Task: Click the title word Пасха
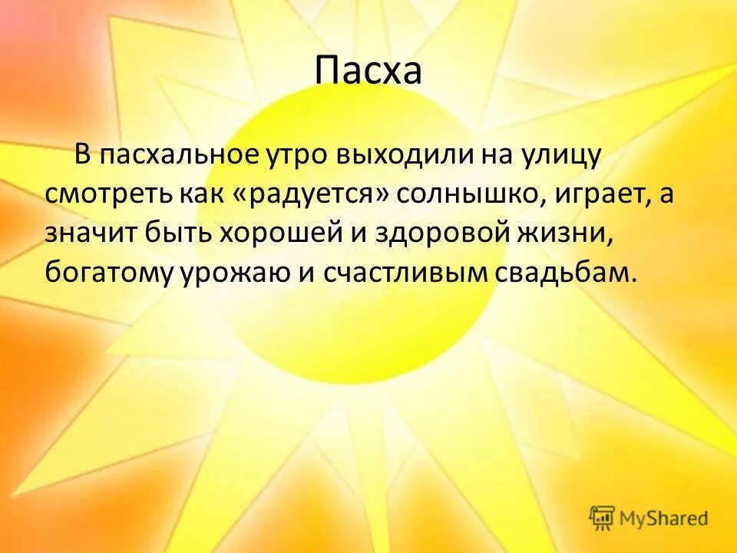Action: click(x=368, y=71)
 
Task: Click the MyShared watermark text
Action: click(x=664, y=519)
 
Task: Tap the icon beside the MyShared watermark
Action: click(x=602, y=518)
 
